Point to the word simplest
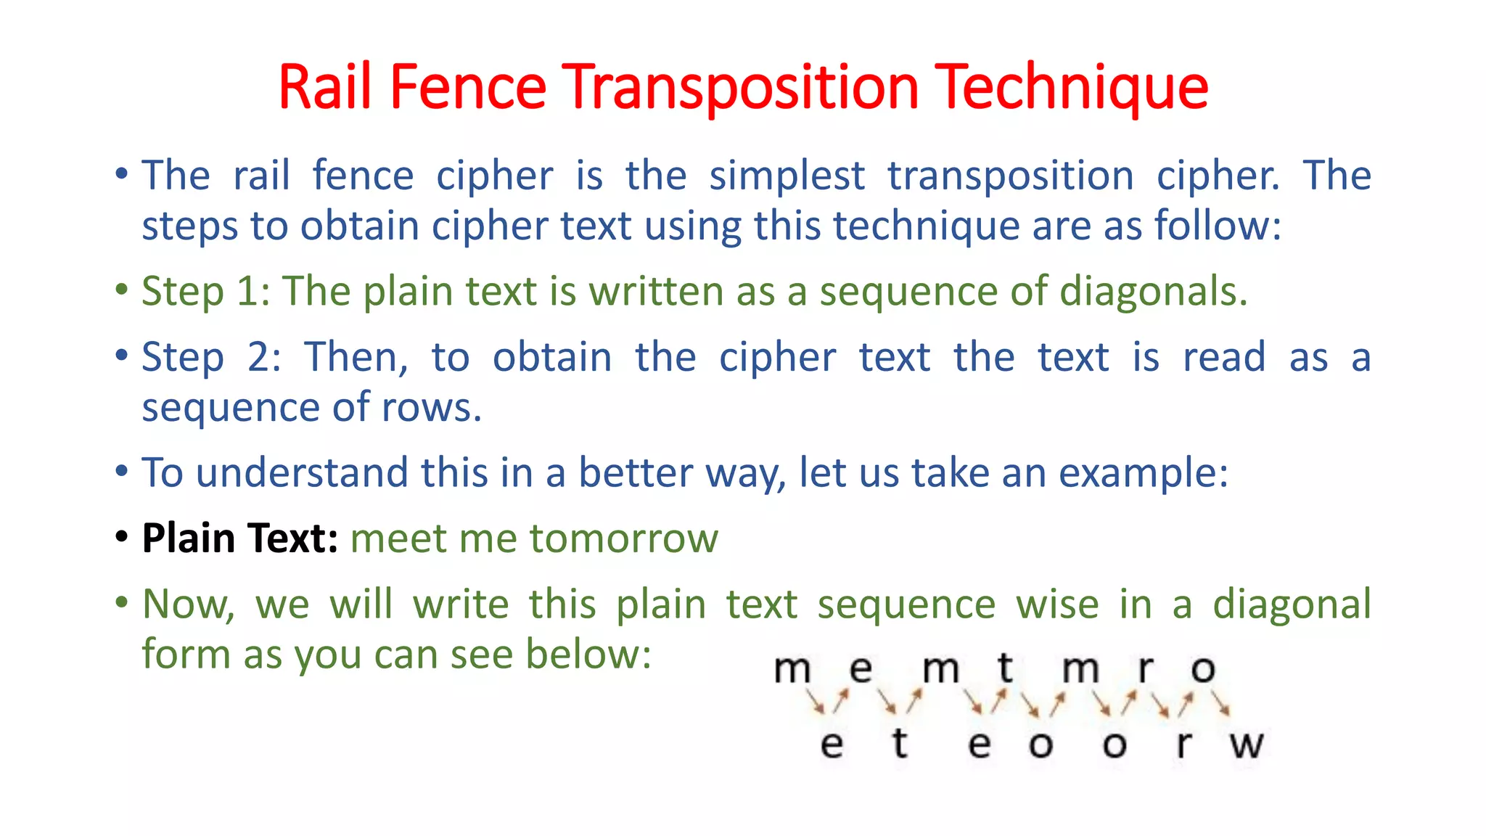[787, 176]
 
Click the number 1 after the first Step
[248, 292]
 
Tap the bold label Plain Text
[239, 538]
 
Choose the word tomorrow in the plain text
[623, 539]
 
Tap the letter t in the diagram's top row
[1005, 668]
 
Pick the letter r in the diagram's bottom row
[1183, 745]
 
